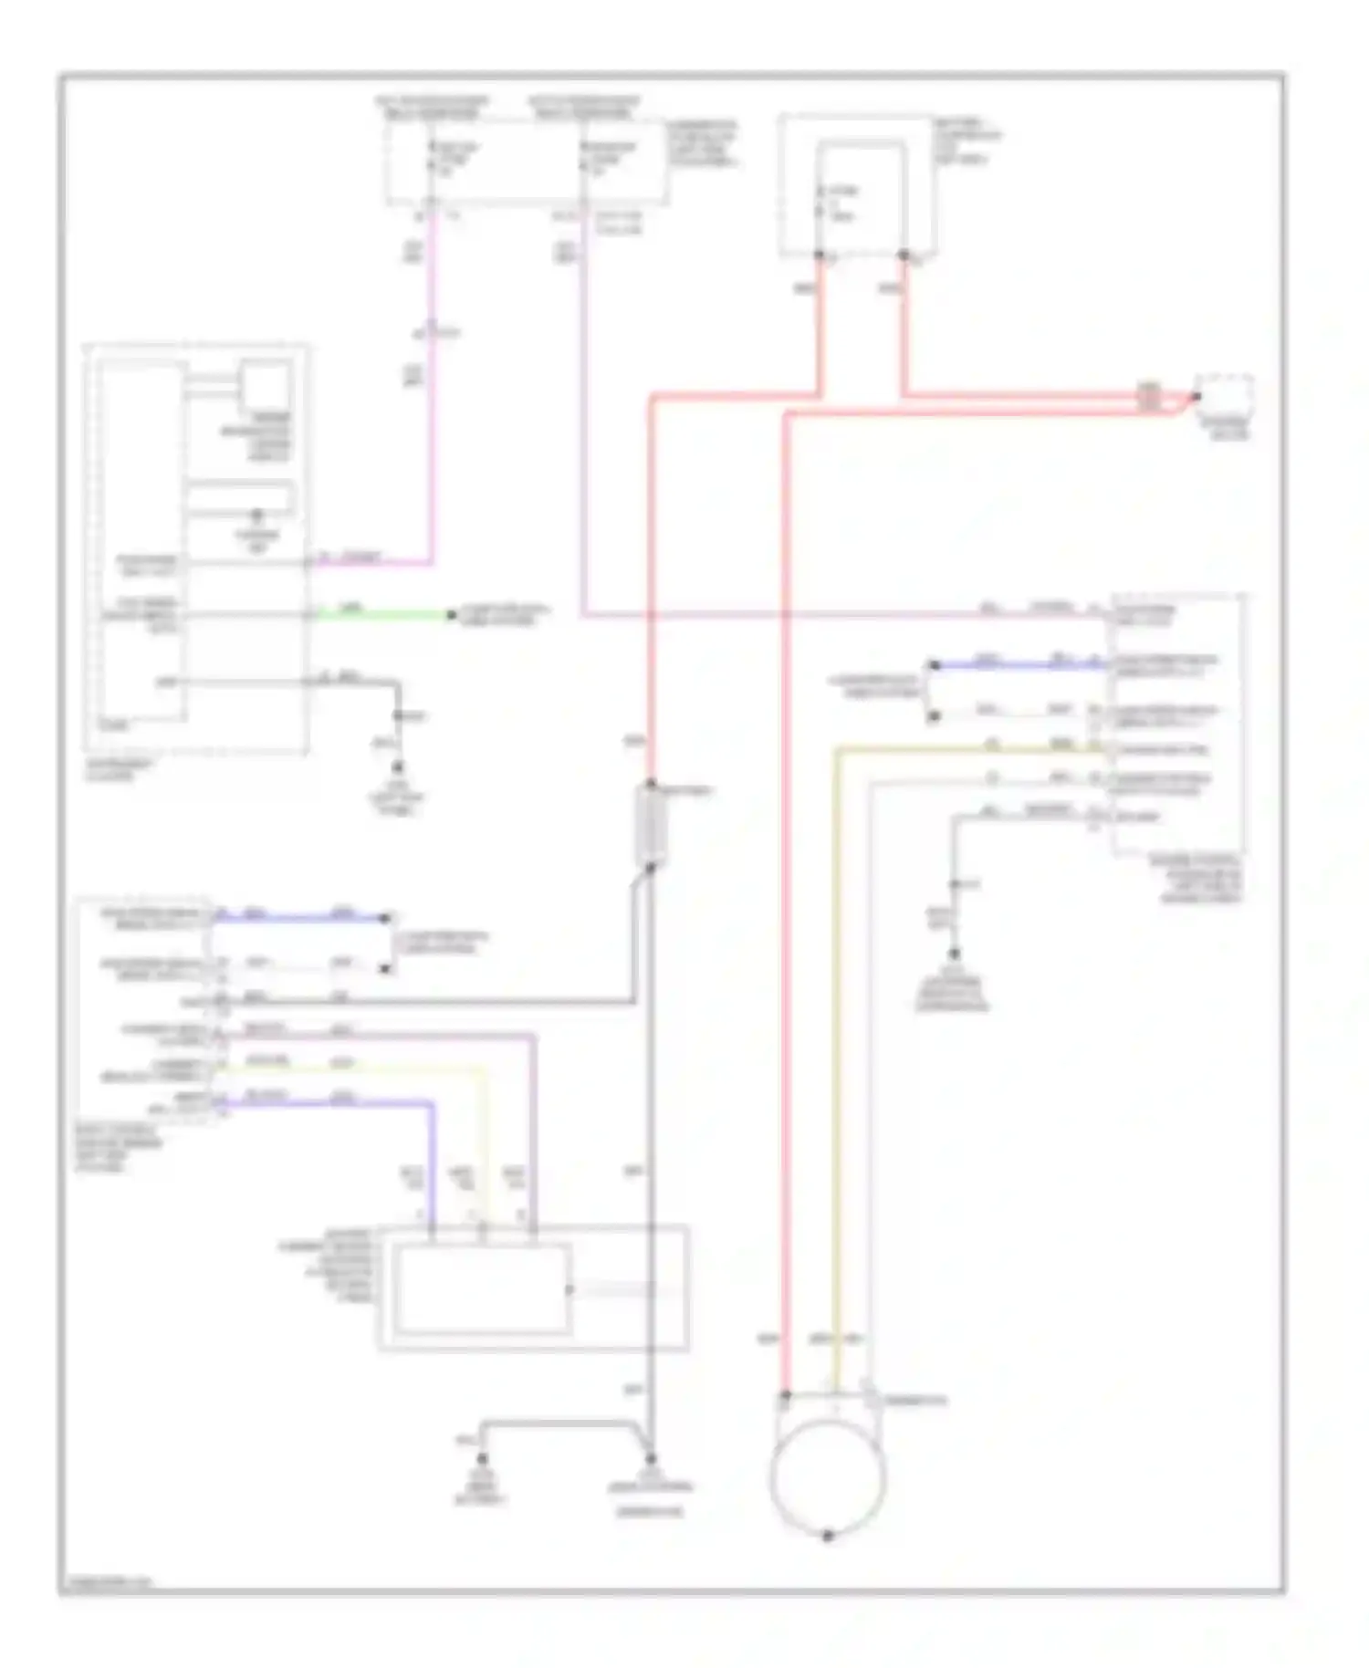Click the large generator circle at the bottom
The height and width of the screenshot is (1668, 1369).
coord(827,1476)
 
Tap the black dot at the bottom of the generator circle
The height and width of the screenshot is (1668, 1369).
coord(828,1537)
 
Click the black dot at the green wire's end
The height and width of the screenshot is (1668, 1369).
coord(451,616)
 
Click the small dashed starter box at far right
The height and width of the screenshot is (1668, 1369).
coord(1226,395)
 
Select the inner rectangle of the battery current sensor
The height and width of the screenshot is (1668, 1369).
coord(482,1288)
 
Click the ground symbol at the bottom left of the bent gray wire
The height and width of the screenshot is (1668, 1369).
coord(481,1462)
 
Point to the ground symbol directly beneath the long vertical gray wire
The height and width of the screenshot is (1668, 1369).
coord(650,1462)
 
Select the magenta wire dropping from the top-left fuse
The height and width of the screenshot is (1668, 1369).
coord(432,383)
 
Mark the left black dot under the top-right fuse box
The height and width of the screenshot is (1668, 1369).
coord(820,255)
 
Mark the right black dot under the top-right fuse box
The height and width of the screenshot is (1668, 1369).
coord(904,255)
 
